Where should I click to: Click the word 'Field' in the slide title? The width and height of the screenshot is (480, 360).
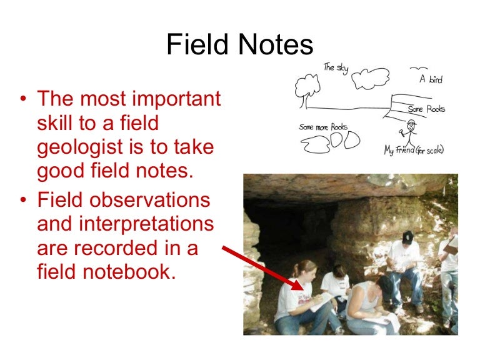[196, 46]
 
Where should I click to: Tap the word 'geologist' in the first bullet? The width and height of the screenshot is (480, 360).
[84, 148]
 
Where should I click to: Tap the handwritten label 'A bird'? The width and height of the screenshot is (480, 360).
[431, 79]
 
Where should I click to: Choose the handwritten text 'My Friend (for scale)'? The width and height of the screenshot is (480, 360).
[413, 151]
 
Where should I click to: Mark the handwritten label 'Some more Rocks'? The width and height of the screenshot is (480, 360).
[322, 127]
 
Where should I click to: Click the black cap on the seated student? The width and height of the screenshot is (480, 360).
[409, 237]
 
